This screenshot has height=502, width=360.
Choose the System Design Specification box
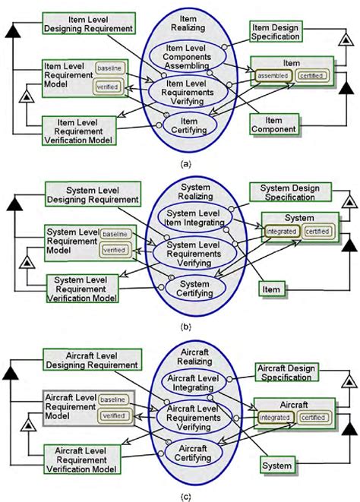click(x=289, y=193)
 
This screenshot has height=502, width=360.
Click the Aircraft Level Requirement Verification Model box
click(x=88, y=461)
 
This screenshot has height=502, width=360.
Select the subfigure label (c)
click(x=180, y=496)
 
